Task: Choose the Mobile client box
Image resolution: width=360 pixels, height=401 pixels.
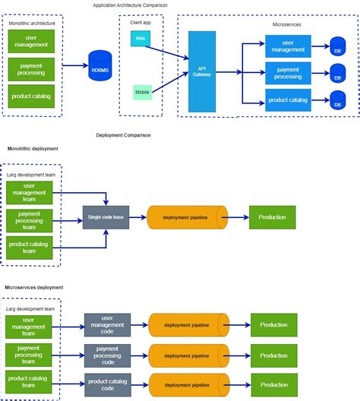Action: (142, 92)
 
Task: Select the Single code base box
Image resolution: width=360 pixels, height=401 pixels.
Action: (106, 217)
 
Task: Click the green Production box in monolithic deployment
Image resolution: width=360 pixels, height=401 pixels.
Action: (272, 217)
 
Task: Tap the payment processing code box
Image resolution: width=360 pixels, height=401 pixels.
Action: (107, 355)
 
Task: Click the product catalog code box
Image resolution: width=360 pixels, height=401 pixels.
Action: (107, 383)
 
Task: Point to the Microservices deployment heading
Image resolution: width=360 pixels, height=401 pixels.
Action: (33, 288)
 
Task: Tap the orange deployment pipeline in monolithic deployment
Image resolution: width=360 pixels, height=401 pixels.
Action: (187, 217)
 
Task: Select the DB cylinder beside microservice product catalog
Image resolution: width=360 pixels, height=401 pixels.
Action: (337, 100)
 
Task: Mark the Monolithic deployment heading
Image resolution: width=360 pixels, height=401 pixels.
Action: (33, 149)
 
